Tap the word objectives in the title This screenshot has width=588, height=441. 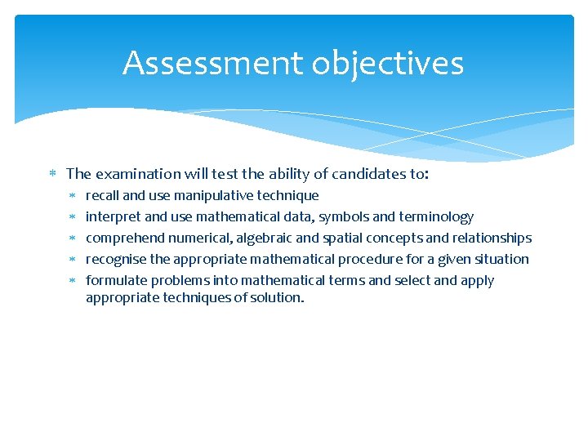(381, 63)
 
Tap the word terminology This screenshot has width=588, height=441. (436, 217)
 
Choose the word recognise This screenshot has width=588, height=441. (116, 260)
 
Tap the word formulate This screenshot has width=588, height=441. (116, 281)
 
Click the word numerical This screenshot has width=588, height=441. (199, 238)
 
